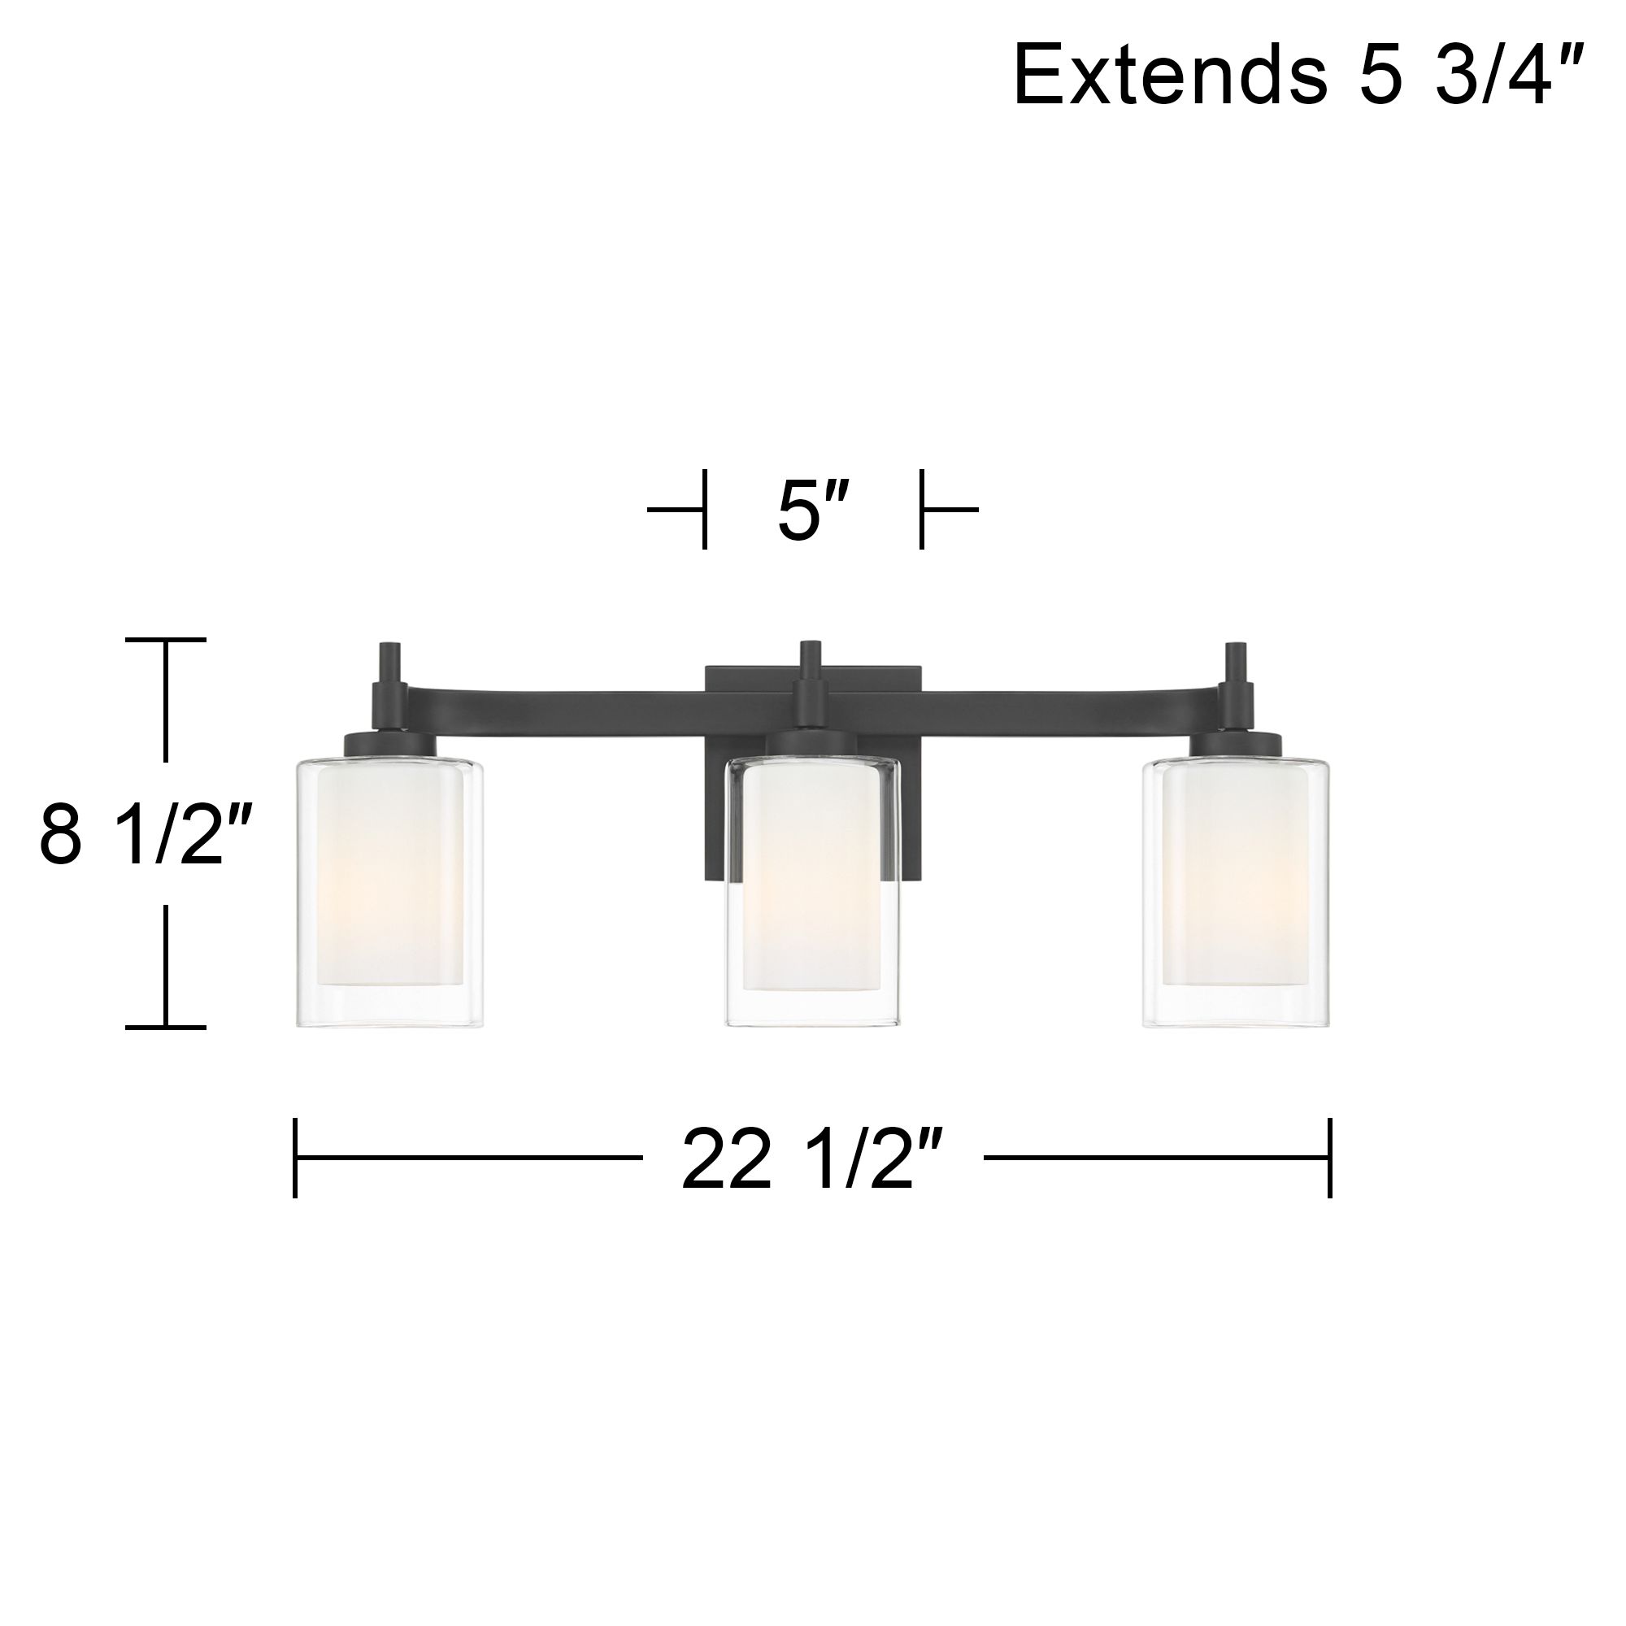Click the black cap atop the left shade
[390, 744]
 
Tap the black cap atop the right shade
[1237, 744]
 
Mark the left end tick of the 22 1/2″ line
[295, 1157]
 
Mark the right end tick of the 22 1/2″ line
[1329, 1157]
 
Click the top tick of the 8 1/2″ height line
[166, 640]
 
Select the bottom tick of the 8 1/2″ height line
[166, 1027]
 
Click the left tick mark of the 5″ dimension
[703, 510]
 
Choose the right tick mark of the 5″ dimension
[923, 510]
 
